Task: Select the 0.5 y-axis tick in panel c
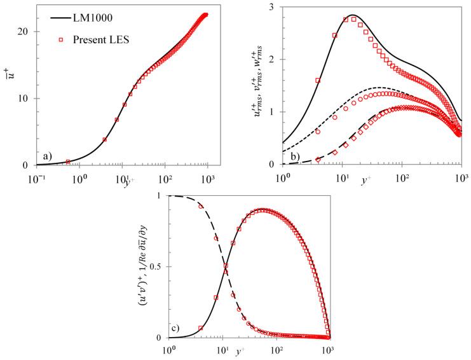(157, 267)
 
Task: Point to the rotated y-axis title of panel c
(140, 267)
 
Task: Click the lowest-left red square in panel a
(68, 162)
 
